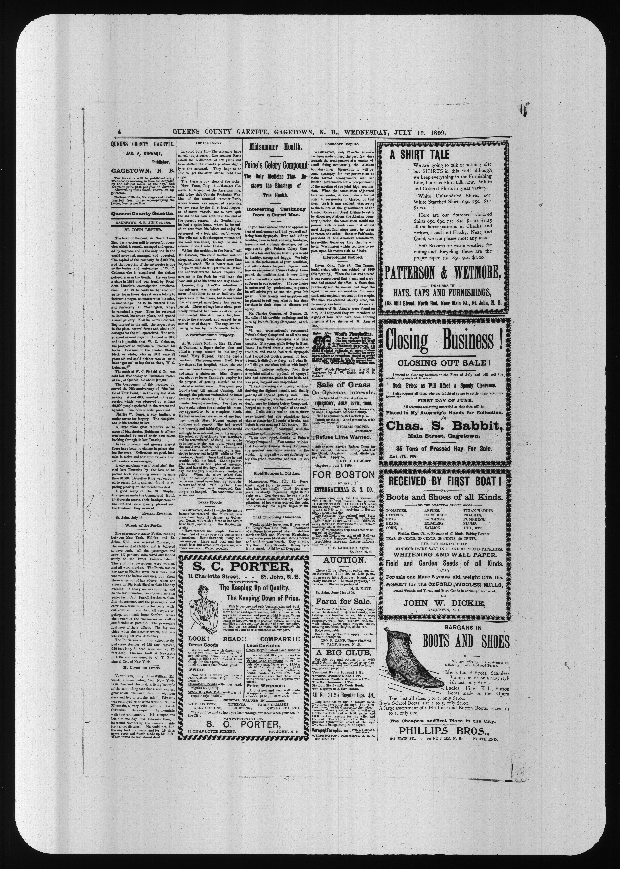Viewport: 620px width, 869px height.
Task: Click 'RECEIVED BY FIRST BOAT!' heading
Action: [x=444, y=481]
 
